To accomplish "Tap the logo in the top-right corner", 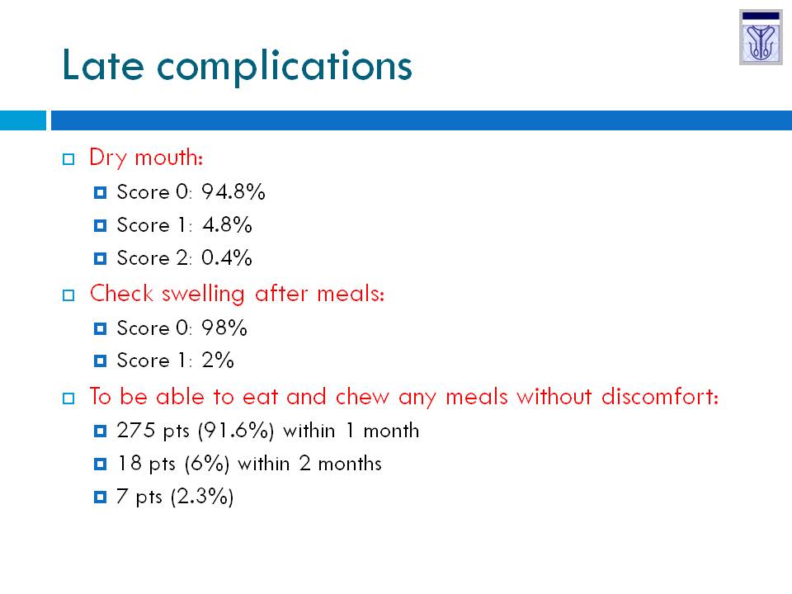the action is click(x=761, y=37).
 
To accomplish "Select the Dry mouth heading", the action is click(x=146, y=158).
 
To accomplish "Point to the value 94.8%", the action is click(x=233, y=192).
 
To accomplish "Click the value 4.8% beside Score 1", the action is click(x=227, y=224).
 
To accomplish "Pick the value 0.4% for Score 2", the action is click(x=226, y=257).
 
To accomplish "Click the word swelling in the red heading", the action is click(x=203, y=295).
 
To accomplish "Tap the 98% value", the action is click(x=224, y=328).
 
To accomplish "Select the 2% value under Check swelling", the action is click(x=218, y=361).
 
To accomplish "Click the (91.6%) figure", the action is click(x=236, y=431).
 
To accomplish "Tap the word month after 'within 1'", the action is click(x=391, y=431).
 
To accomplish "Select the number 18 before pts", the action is click(x=130, y=463).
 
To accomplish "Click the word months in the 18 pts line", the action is click(x=350, y=464).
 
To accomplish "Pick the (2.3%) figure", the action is click(x=202, y=497).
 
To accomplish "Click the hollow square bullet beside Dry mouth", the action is click(x=68, y=159).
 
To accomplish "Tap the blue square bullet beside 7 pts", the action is click(x=100, y=497).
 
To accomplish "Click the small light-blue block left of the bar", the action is click(x=23, y=120).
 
